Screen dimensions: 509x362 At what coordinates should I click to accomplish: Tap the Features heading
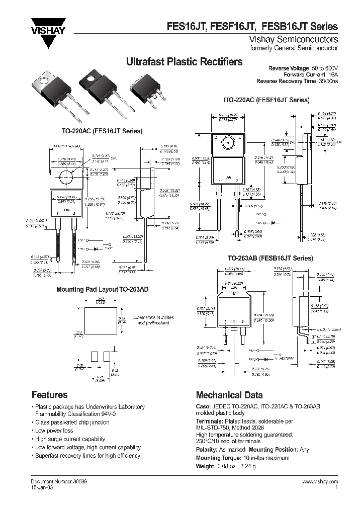tap(49, 395)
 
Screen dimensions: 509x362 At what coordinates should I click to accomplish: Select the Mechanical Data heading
tap(229, 395)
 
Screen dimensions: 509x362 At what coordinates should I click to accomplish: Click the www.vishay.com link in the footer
tap(320, 482)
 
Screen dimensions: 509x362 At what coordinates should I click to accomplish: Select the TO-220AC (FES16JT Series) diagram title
tap(102, 131)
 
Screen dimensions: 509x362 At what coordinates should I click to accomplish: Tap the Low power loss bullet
tap(54, 431)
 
